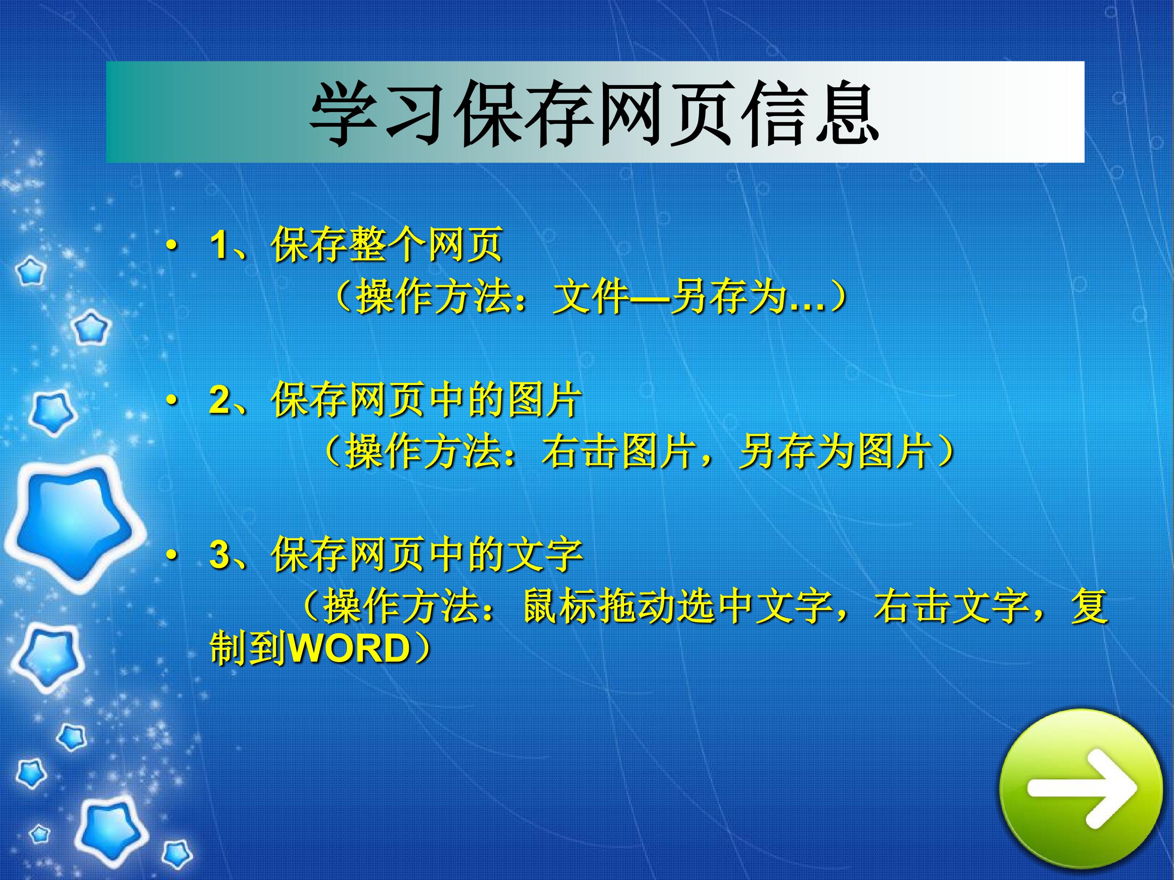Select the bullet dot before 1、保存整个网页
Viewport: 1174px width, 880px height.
[x=171, y=246]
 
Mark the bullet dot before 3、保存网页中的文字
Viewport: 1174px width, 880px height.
[x=171, y=555]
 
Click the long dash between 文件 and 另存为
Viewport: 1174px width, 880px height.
[x=650, y=297]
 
